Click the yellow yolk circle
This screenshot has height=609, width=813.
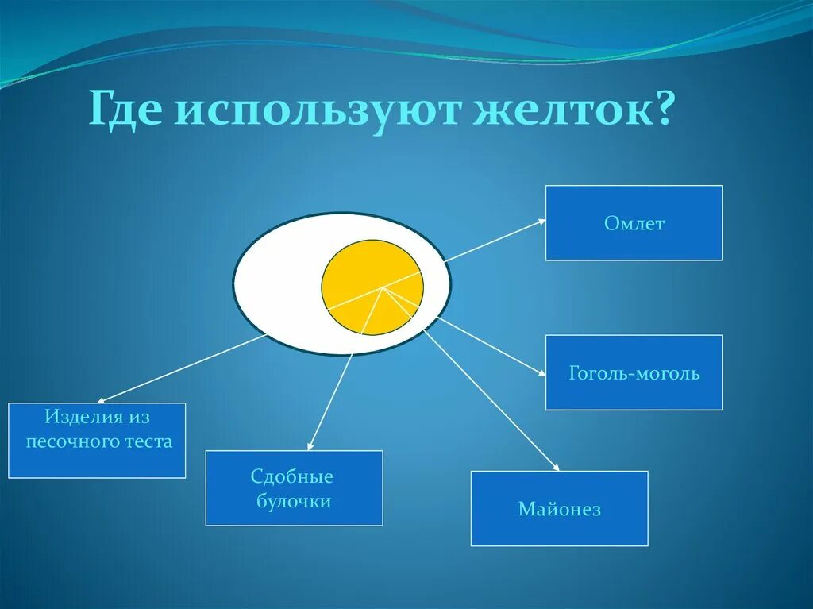[372, 287]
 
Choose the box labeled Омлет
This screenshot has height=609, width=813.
[634, 223]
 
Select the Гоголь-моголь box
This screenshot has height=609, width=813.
[634, 372]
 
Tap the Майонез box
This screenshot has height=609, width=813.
[559, 509]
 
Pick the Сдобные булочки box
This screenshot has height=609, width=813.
[294, 488]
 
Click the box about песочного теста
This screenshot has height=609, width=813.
[97, 441]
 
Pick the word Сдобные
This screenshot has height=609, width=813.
[291, 477]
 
